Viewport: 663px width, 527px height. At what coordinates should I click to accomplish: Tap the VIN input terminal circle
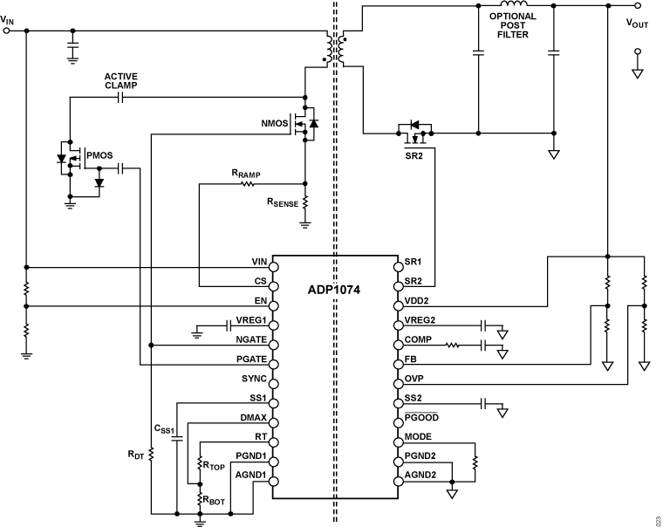[9, 30]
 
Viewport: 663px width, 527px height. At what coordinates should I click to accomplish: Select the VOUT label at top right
[638, 24]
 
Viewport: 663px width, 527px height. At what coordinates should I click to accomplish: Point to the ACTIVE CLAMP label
[122, 80]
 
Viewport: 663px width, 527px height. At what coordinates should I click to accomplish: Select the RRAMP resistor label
[247, 174]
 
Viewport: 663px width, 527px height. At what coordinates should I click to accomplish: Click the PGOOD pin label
[423, 419]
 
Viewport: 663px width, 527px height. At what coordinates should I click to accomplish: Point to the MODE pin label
[420, 437]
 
